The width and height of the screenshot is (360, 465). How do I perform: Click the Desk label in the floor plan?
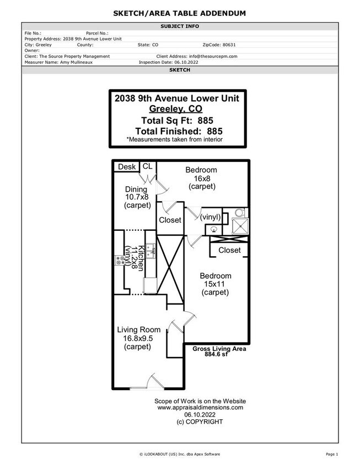(127, 167)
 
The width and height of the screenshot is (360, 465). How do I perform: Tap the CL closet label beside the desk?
(148, 166)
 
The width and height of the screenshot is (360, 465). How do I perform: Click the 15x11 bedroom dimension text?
(215, 284)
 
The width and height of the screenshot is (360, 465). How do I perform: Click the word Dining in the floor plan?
(137, 189)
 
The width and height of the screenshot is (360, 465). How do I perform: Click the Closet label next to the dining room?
(170, 220)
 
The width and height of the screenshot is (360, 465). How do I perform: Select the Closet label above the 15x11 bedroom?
(229, 250)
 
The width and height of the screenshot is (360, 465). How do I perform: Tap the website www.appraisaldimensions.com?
(200, 408)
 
